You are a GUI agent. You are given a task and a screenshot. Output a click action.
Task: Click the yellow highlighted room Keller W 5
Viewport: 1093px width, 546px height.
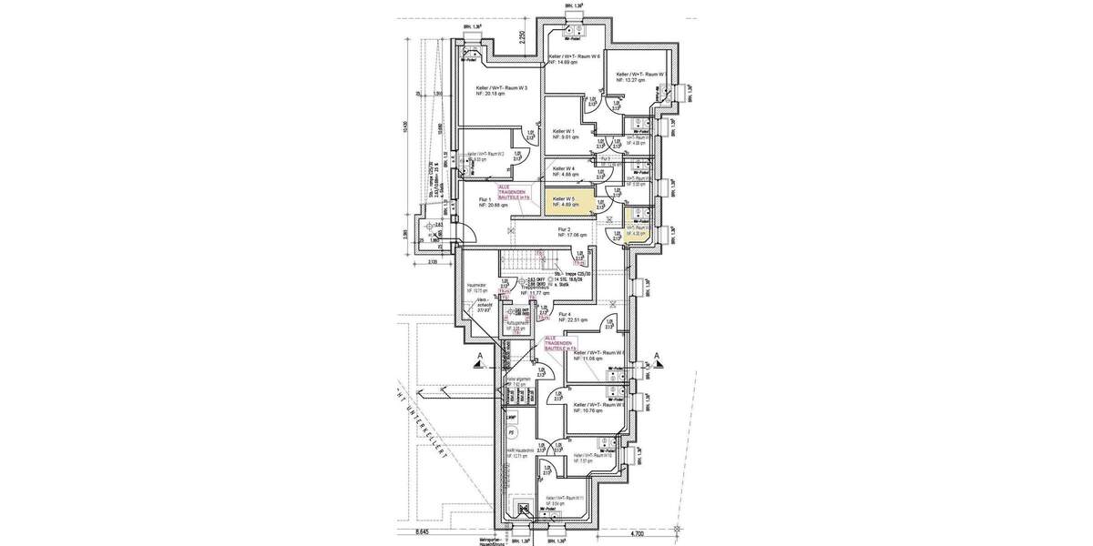tap(569, 202)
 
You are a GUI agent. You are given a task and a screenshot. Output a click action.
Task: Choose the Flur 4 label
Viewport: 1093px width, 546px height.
tap(570, 315)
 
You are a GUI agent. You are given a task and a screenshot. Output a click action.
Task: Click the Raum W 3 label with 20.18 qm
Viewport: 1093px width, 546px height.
tap(502, 88)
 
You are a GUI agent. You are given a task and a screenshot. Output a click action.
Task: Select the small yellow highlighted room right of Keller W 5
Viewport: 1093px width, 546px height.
tap(636, 222)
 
